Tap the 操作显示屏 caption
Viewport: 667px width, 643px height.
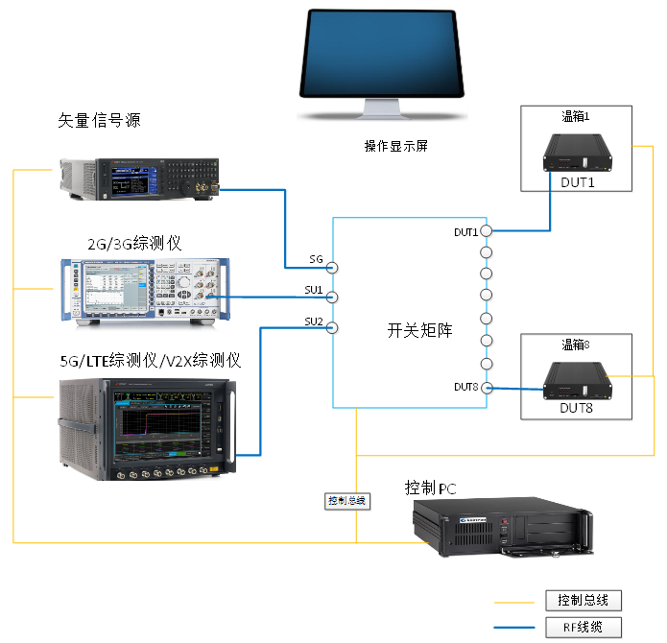(390, 147)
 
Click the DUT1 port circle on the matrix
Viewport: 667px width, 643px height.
(487, 231)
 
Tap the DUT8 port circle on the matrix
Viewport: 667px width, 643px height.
(487, 388)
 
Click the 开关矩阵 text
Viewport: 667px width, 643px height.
(419, 330)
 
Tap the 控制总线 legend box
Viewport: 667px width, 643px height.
(583, 601)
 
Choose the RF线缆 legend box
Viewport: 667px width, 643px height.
(583, 629)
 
